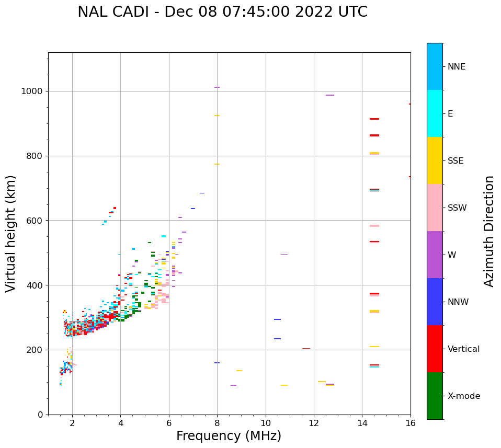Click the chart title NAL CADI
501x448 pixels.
pyautogui.click(x=222, y=12)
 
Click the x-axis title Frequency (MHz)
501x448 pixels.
pyautogui.click(x=229, y=436)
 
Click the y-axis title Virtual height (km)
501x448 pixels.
pyautogui.click(x=11, y=233)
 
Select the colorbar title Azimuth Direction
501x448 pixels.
pyautogui.click(x=489, y=231)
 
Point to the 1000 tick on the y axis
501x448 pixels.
pyautogui.click(x=32, y=91)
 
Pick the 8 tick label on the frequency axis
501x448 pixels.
pyautogui.click(x=217, y=423)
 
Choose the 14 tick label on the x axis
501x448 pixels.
pyautogui.click(x=362, y=423)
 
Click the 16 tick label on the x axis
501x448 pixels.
pyautogui.click(x=411, y=423)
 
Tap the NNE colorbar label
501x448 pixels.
pyautogui.click(x=456, y=67)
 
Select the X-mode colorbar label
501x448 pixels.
pyautogui.click(x=463, y=396)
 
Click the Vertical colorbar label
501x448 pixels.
pyautogui.click(x=463, y=349)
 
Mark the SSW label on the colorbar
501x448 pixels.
pyautogui.click(x=457, y=208)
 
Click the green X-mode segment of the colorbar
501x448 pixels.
pyautogui.click(x=435, y=396)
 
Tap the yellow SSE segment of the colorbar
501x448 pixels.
pyautogui.click(x=435, y=160)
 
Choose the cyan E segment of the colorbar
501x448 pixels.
pyautogui.click(x=435, y=113)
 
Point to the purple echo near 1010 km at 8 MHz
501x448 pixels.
pyautogui.click(x=217, y=87)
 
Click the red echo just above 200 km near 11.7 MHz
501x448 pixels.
pyautogui.click(x=306, y=348)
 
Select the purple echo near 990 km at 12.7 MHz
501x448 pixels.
pyautogui.click(x=330, y=95)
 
